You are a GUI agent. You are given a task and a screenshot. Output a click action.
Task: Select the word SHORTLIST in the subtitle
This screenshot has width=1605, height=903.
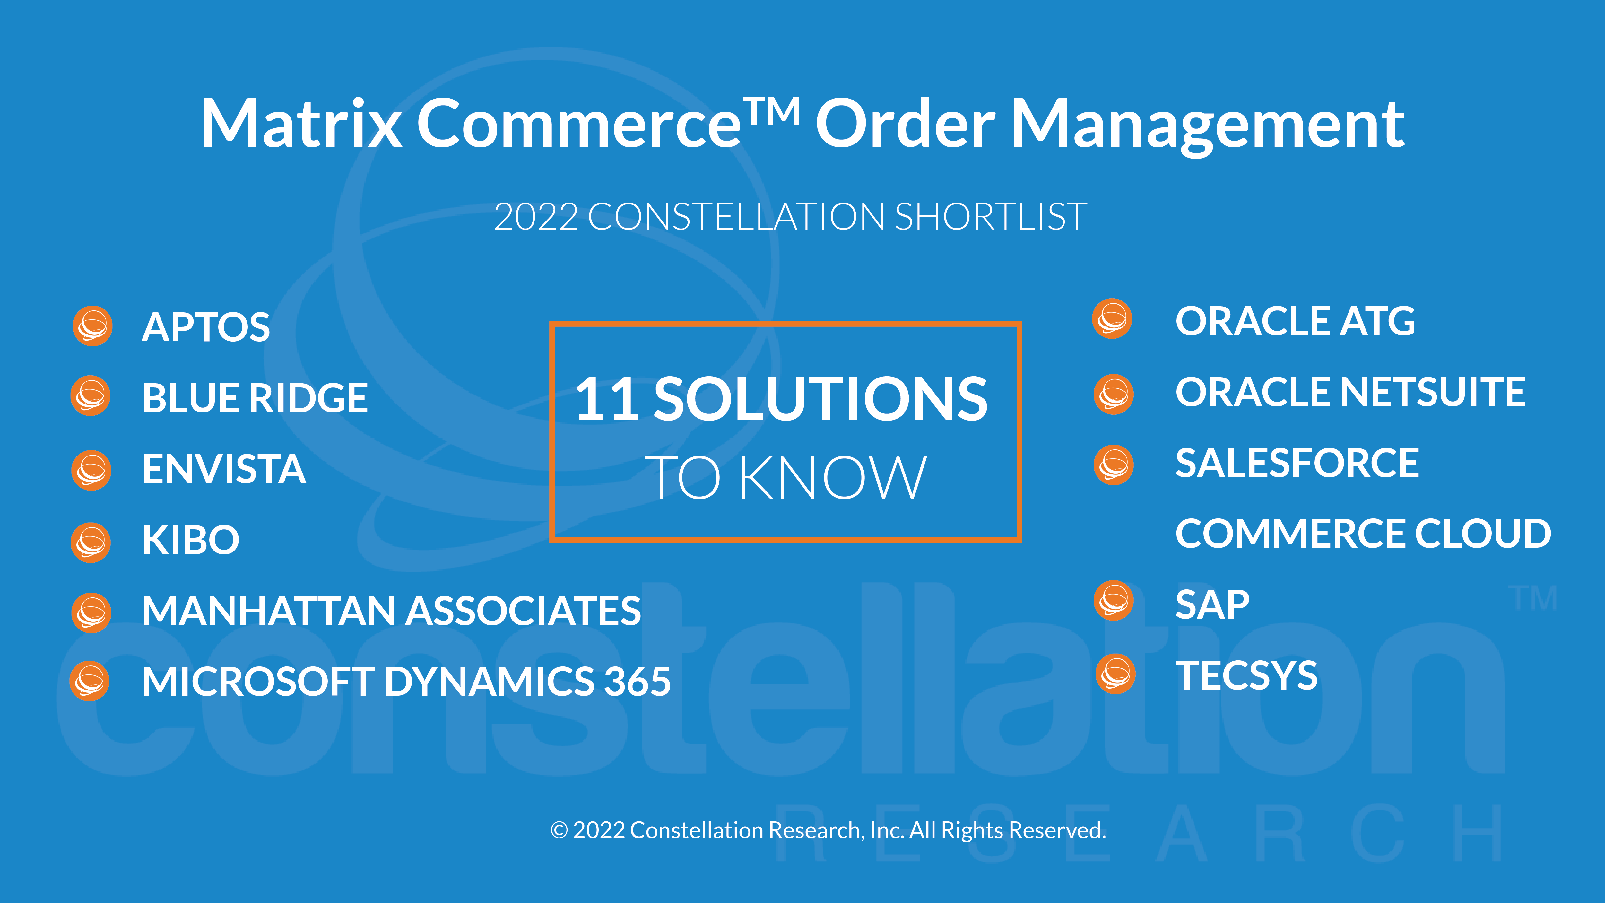(x=991, y=217)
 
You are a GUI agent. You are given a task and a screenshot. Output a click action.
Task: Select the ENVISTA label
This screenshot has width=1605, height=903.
(x=224, y=469)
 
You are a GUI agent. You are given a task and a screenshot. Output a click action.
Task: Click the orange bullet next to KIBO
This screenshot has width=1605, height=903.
(x=91, y=542)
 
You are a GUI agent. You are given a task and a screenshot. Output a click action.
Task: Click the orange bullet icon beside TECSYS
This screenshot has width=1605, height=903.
(x=1115, y=674)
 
